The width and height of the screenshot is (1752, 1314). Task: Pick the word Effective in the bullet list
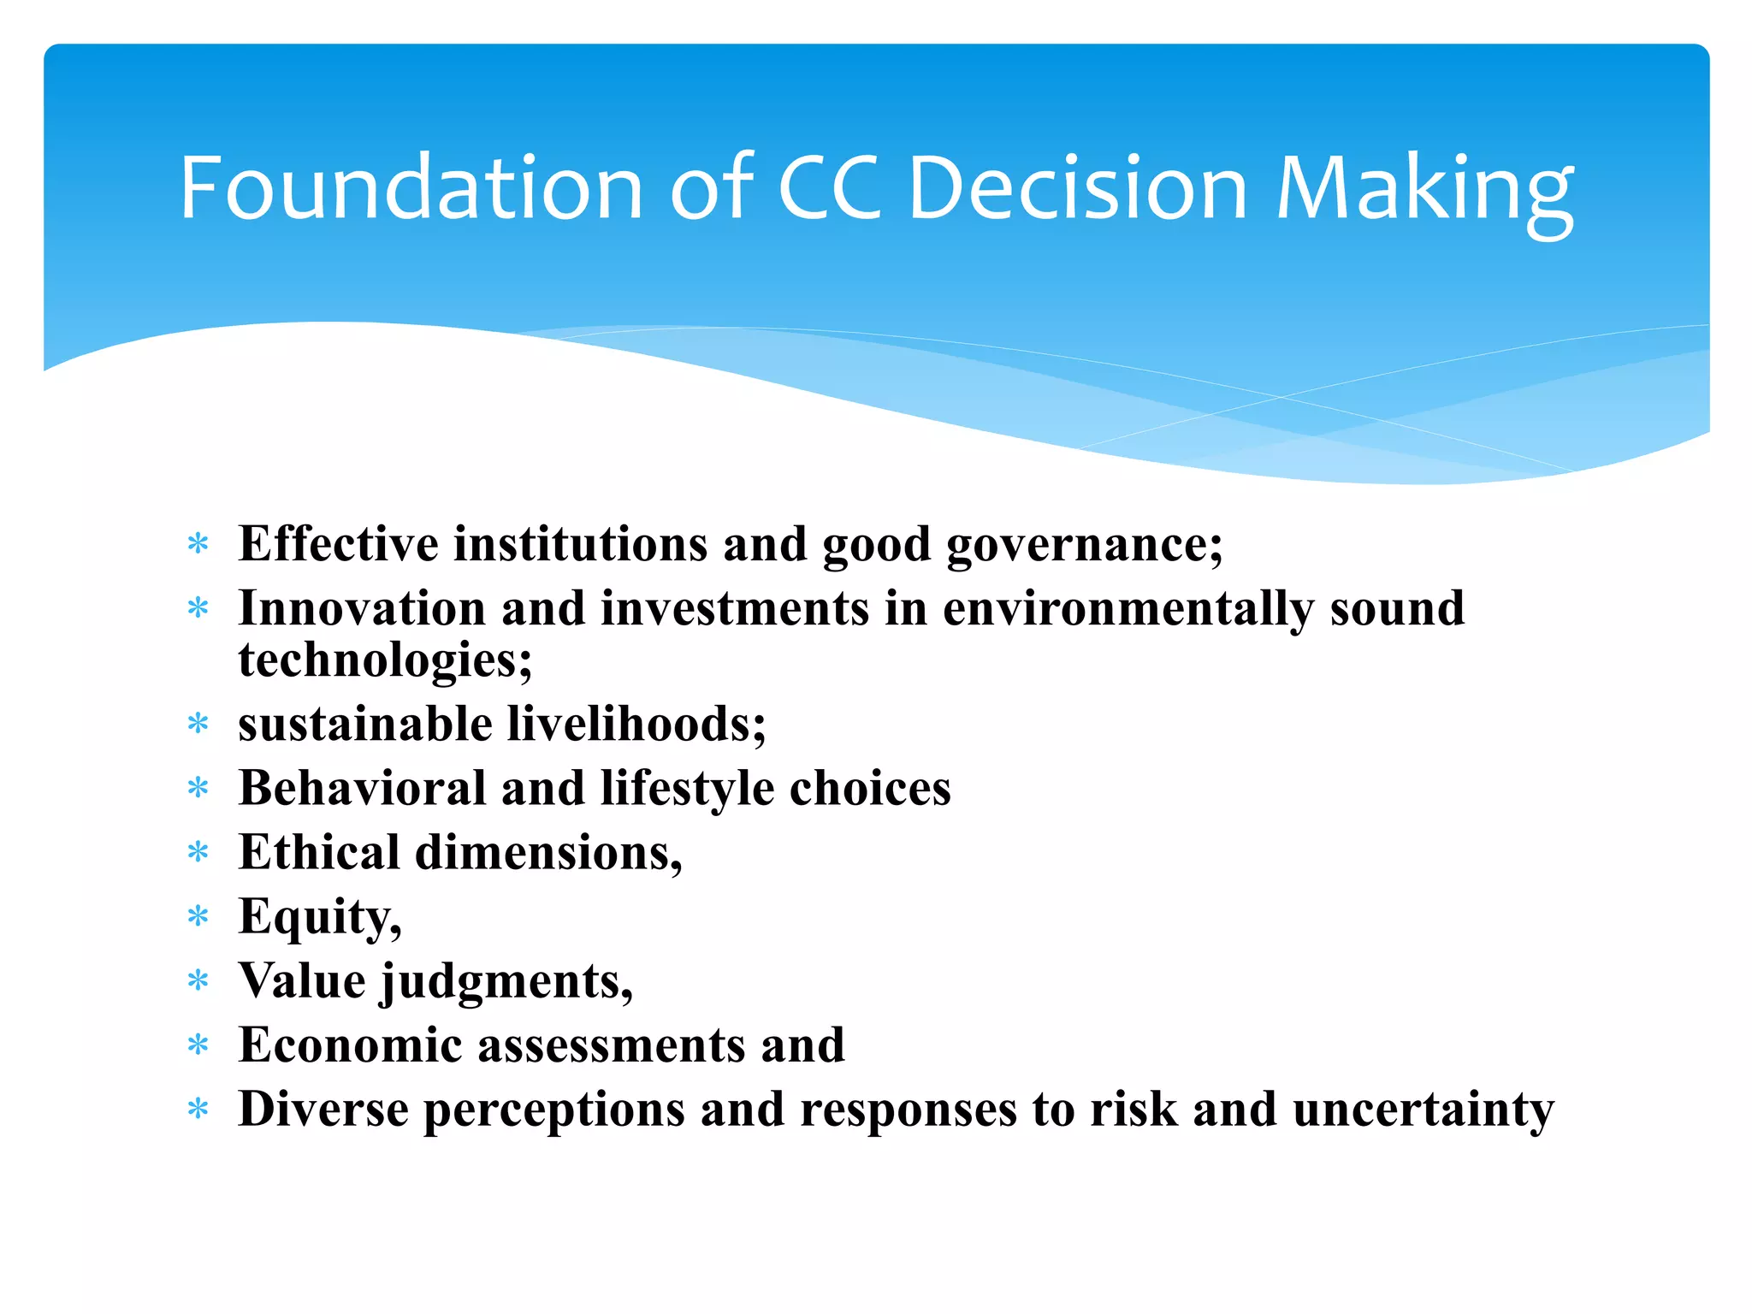[339, 544]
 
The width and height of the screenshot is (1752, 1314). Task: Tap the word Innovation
[362, 608]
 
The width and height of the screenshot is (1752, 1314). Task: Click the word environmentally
[1128, 610]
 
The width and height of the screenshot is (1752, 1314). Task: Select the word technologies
[385, 660]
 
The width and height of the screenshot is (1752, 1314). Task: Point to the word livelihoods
[636, 724]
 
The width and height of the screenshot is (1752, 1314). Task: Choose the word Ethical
[319, 852]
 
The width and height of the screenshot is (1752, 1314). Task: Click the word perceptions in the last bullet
[554, 1110]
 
